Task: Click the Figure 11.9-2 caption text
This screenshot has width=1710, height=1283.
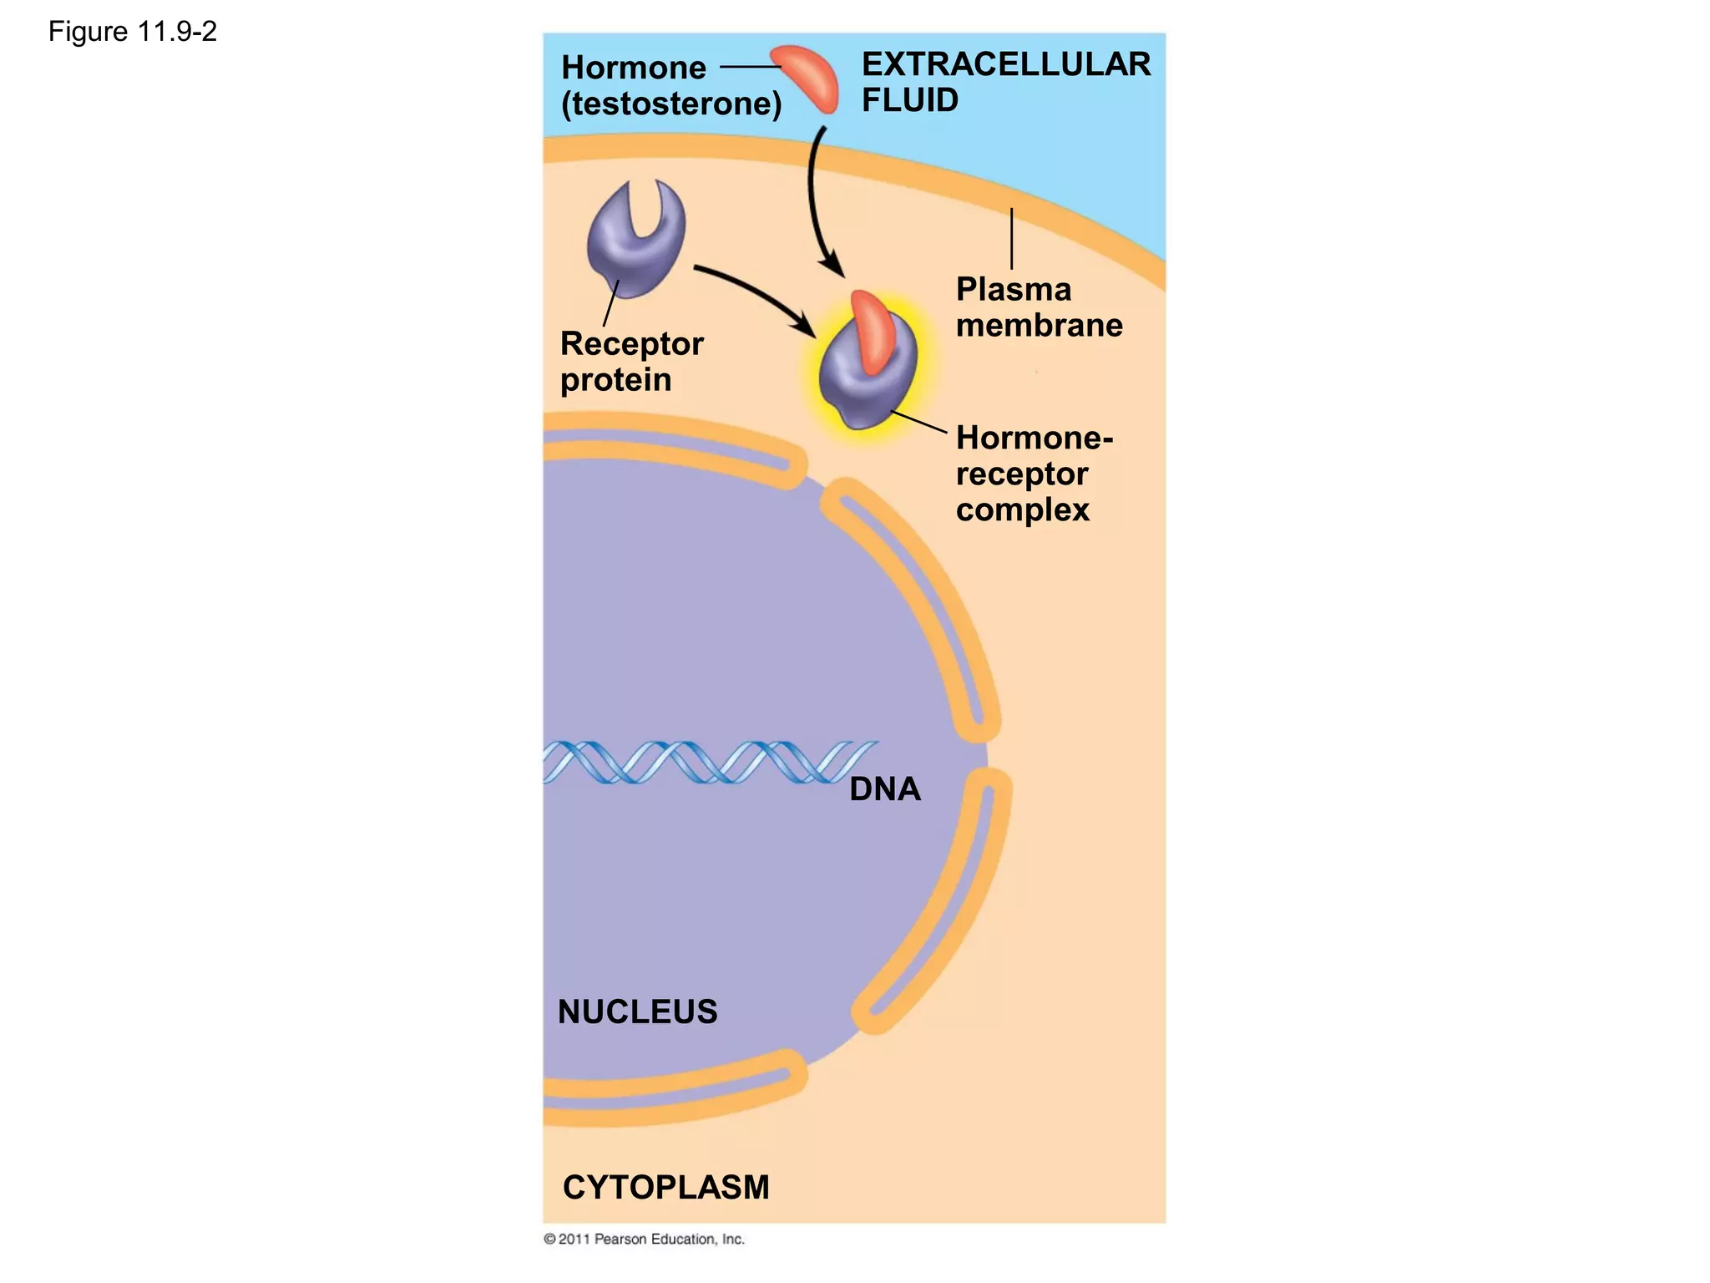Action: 132,32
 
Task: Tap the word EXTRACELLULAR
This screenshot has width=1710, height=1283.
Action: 1005,64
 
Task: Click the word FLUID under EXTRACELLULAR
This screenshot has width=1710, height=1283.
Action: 909,100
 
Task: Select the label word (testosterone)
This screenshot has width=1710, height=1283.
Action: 671,104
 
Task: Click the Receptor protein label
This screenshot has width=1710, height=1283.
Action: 630,362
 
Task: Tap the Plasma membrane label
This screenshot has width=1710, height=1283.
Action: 1038,307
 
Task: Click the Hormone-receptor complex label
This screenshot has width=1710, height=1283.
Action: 1033,474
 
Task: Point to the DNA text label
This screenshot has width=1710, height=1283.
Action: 884,789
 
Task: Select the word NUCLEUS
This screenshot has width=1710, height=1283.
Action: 637,1012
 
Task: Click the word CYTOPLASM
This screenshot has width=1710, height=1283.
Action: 665,1187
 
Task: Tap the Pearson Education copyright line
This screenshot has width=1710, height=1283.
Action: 644,1239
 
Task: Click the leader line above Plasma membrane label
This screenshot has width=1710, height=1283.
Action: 1011,239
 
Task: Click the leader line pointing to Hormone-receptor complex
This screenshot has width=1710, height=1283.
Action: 918,422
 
